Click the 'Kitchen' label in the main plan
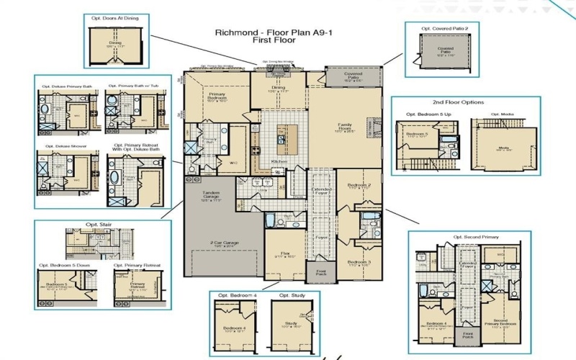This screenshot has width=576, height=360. pyautogui.click(x=279, y=162)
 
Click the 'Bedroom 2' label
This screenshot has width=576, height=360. pyautogui.click(x=359, y=185)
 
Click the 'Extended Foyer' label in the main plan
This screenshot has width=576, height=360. pyautogui.click(x=322, y=191)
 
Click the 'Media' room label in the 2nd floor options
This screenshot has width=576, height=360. pyautogui.click(x=505, y=149)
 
